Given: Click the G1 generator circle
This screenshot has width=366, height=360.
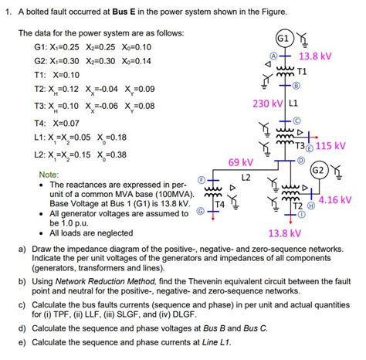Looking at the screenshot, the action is pos(283,39).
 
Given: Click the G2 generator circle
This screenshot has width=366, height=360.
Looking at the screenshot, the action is pos(317,170).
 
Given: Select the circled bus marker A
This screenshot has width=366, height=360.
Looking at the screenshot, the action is pos(272,56).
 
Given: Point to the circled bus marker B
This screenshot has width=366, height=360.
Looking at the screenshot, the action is pos(296,87).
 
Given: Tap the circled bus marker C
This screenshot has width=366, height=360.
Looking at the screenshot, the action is pos(296,120).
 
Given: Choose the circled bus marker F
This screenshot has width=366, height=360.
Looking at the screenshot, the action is pos(202,180).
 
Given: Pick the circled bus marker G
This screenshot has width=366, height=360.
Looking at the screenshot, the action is pos(202,210).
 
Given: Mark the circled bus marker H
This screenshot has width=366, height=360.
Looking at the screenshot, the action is pos(311,207).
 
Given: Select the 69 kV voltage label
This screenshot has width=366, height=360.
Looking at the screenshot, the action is pos(241,161).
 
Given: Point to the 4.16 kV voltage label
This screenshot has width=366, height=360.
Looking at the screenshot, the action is pos(336,199).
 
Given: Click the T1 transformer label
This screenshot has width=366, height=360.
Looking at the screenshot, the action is pos(303,71).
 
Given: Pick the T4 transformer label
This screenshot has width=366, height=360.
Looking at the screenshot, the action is pos(219,204).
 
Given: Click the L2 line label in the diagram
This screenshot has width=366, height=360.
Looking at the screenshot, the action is pos(246,178).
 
